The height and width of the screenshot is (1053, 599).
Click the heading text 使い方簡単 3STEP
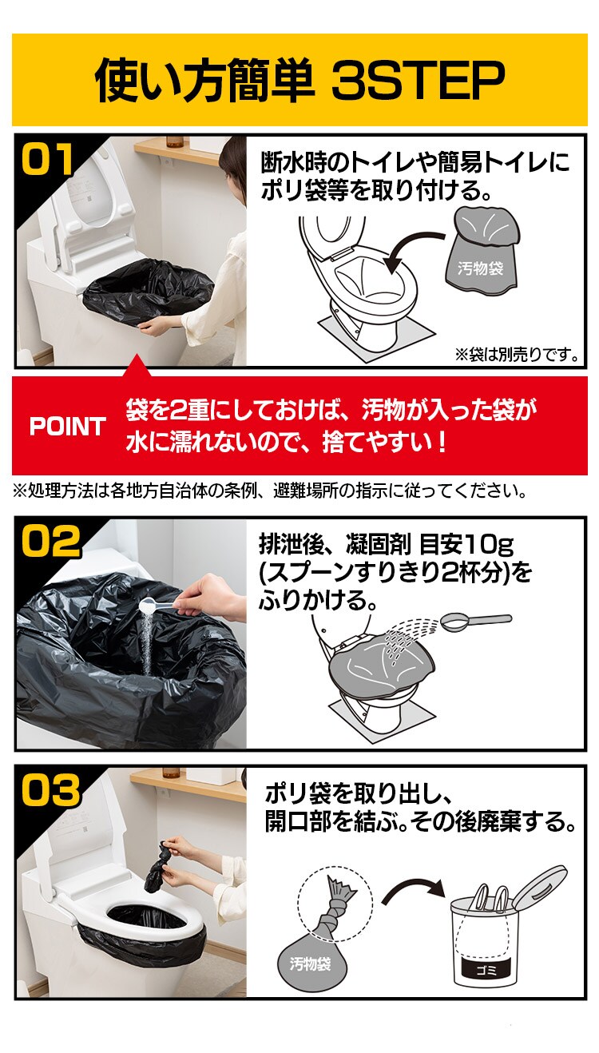click(299, 79)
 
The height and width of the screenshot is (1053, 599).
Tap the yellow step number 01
click(48, 159)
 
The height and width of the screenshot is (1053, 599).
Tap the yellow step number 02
click(50, 541)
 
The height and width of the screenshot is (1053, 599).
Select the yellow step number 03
click(50, 790)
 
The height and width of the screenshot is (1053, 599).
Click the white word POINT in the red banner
click(68, 427)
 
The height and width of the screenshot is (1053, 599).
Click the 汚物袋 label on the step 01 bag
click(480, 268)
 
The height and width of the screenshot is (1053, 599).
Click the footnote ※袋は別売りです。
click(517, 353)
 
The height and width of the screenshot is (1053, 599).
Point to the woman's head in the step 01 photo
click(233, 164)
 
